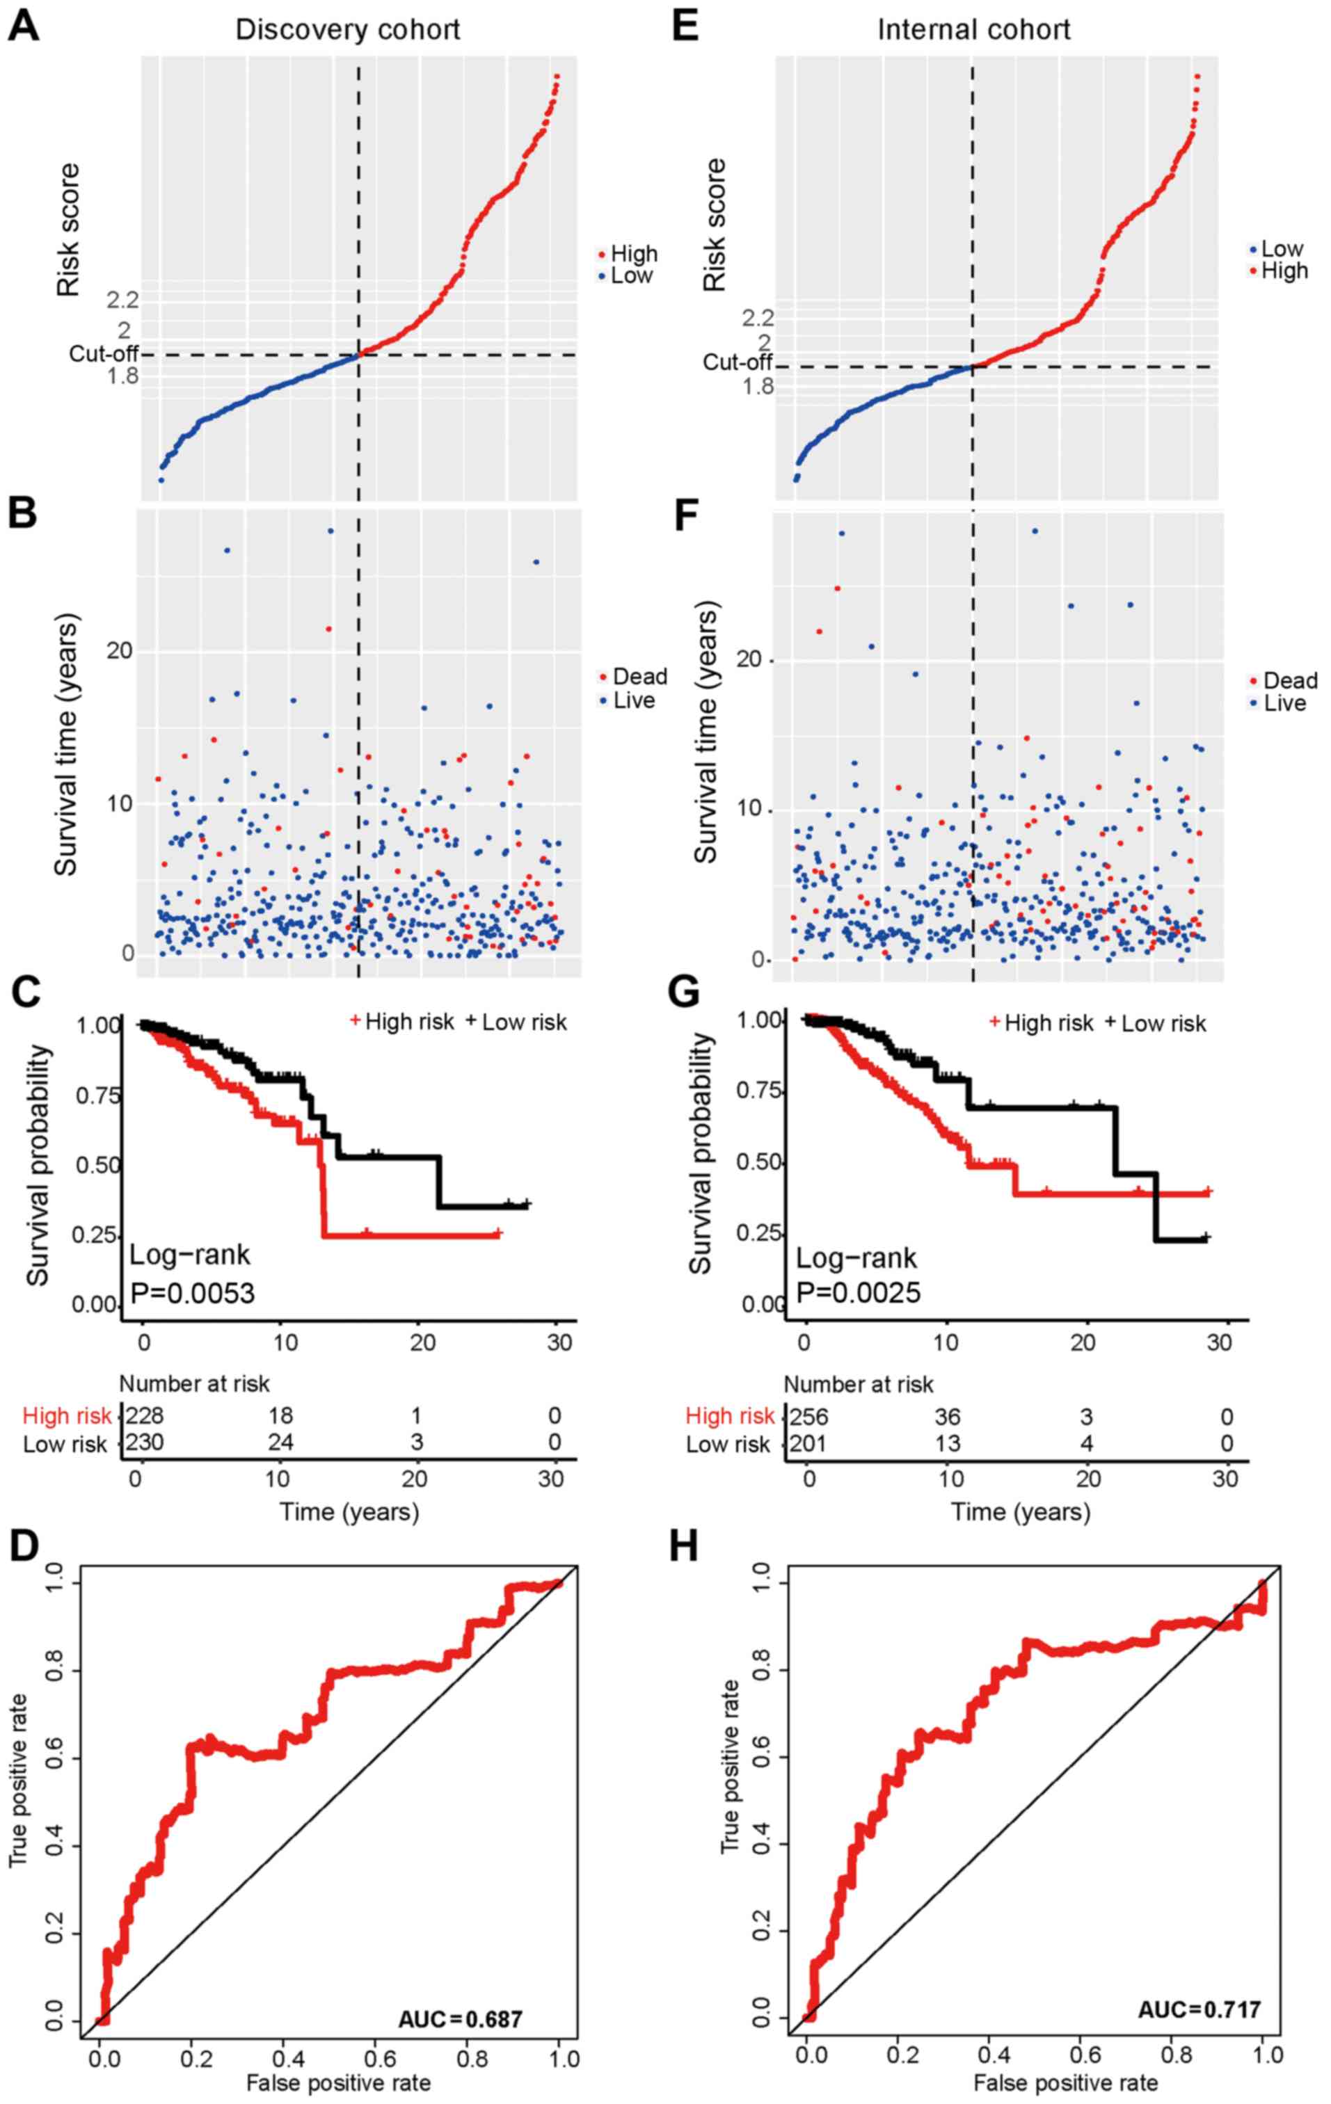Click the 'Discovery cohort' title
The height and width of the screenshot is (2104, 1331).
[347, 30]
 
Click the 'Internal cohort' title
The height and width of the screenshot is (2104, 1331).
[973, 30]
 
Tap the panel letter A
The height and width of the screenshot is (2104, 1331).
[24, 26]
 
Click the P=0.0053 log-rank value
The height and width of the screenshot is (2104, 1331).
[192, 1292]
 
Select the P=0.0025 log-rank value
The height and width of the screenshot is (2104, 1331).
[858, 1292]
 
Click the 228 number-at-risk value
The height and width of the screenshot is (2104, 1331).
[145, 1415]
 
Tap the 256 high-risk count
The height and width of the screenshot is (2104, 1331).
[808, 1415]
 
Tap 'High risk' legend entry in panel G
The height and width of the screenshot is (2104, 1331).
[1048, 1022]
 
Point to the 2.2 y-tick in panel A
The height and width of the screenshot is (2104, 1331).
[122, 300]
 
